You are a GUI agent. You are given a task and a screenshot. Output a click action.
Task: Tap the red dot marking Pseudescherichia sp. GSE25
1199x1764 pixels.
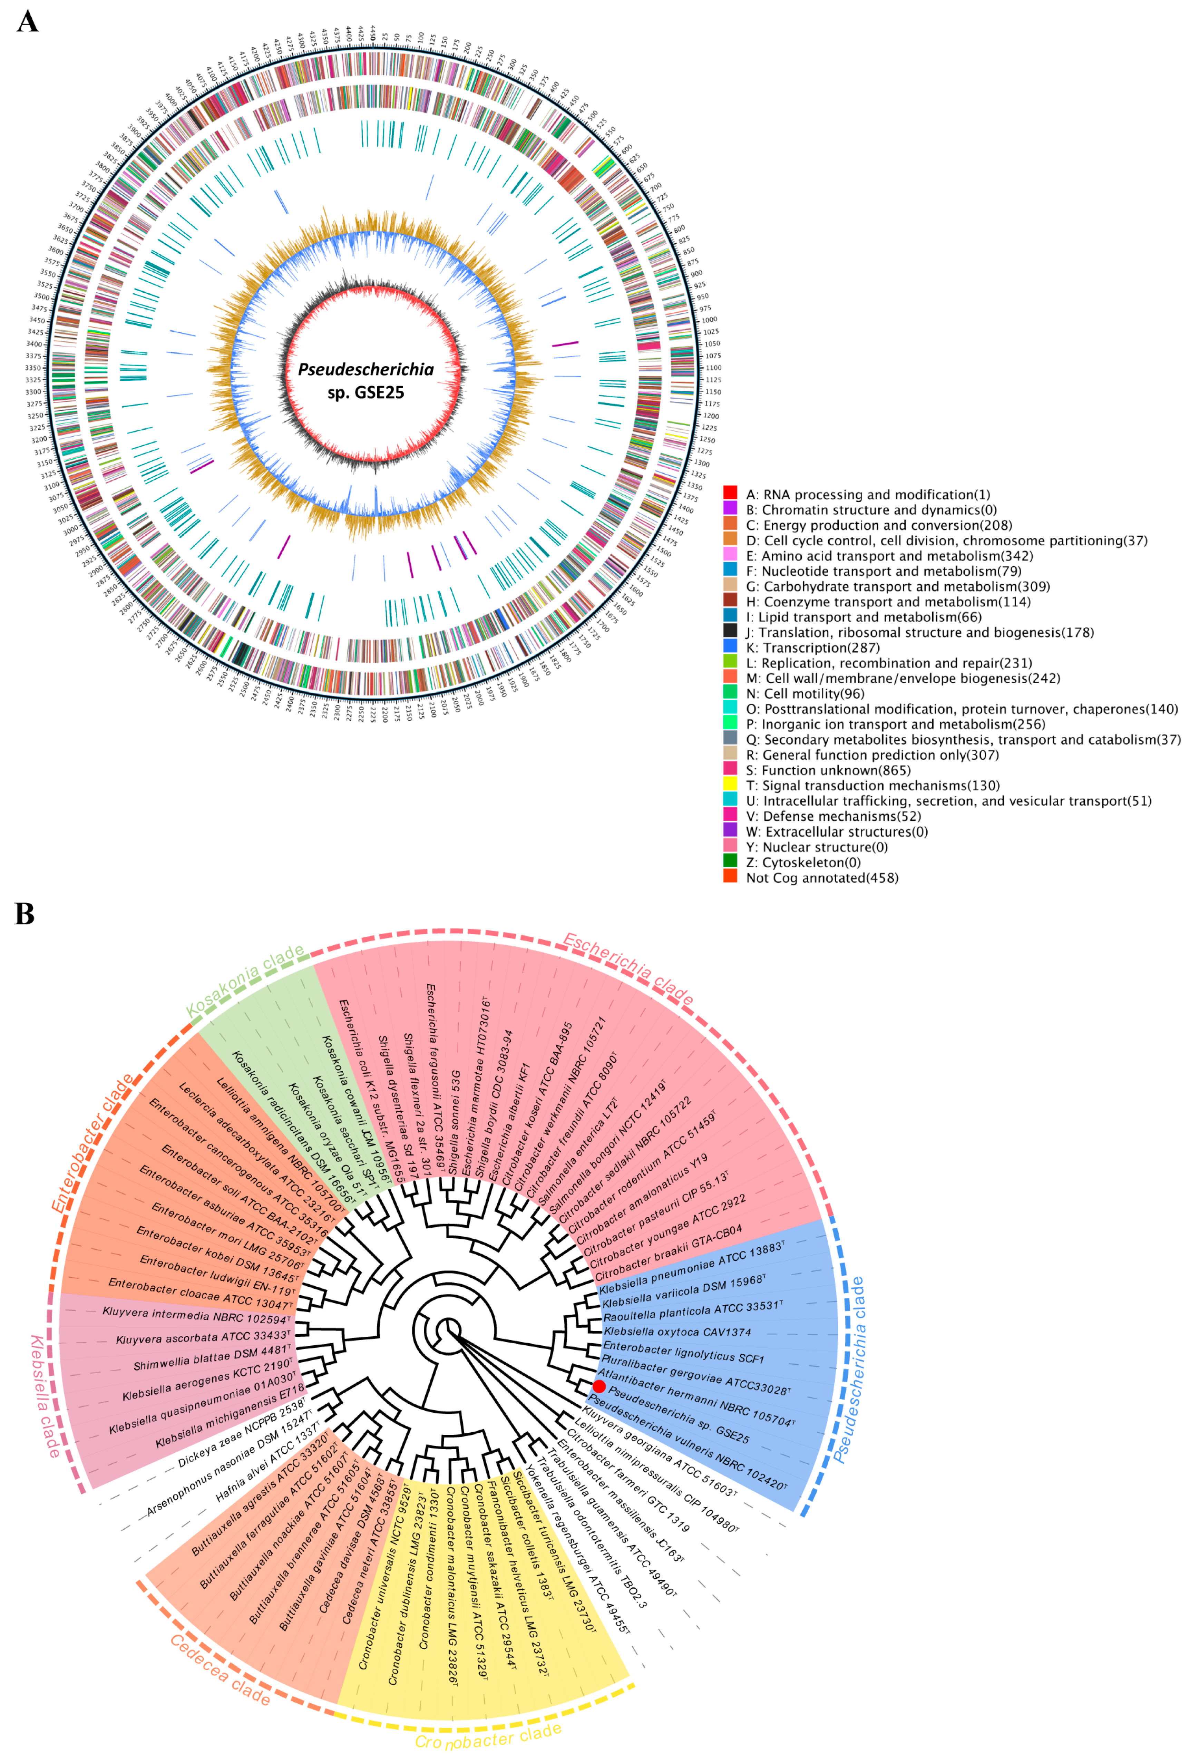599,1386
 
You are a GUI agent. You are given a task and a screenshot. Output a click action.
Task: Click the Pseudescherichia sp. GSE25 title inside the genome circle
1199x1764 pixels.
366,380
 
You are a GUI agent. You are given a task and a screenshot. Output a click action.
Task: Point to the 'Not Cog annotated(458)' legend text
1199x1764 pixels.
822,877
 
